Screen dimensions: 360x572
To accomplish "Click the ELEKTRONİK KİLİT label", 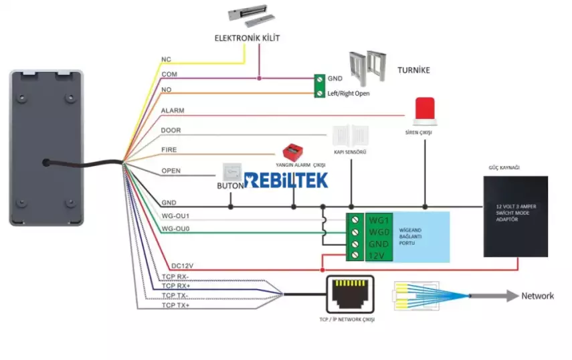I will point(247,38).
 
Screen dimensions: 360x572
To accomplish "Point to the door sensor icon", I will point(351,135).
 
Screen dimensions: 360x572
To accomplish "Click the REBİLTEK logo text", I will point(286,179).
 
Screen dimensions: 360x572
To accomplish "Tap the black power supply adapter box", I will point(516,216).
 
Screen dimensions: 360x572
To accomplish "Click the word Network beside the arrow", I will point(537,296).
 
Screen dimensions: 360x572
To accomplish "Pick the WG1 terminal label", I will point(378,219).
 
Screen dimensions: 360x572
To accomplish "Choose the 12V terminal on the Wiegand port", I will point(377,256).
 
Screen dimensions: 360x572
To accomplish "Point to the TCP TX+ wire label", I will point(175,305).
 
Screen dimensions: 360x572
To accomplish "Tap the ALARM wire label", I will point(173,110).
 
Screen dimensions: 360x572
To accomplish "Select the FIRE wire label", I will point(169,150).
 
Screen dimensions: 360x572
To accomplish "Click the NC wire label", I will point(166,60).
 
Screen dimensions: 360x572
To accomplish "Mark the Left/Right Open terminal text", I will point(348,94).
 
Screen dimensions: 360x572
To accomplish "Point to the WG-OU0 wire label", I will point(175,229).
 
